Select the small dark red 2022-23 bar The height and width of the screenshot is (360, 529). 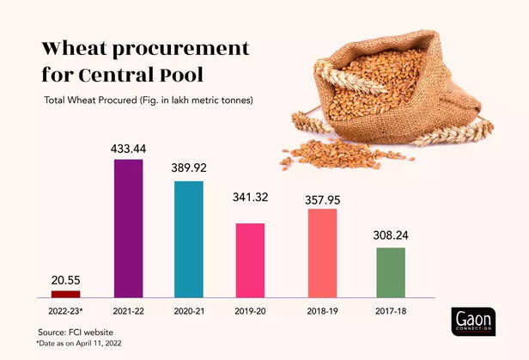[65, 294]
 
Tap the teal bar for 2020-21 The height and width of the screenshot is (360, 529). [189, 240]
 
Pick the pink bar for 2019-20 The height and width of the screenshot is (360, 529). [251, 260]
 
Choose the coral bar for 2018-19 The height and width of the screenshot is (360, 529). [322, 253]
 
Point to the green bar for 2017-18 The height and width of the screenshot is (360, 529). [390, 272]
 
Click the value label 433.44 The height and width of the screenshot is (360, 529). [129, 149]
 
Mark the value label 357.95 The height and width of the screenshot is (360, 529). [322, 200]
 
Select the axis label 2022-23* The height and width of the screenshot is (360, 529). [65, 310]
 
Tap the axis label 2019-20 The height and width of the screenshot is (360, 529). [251, 310]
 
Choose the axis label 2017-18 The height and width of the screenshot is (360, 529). [390, 310]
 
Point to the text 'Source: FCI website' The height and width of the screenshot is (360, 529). [76, 332]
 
